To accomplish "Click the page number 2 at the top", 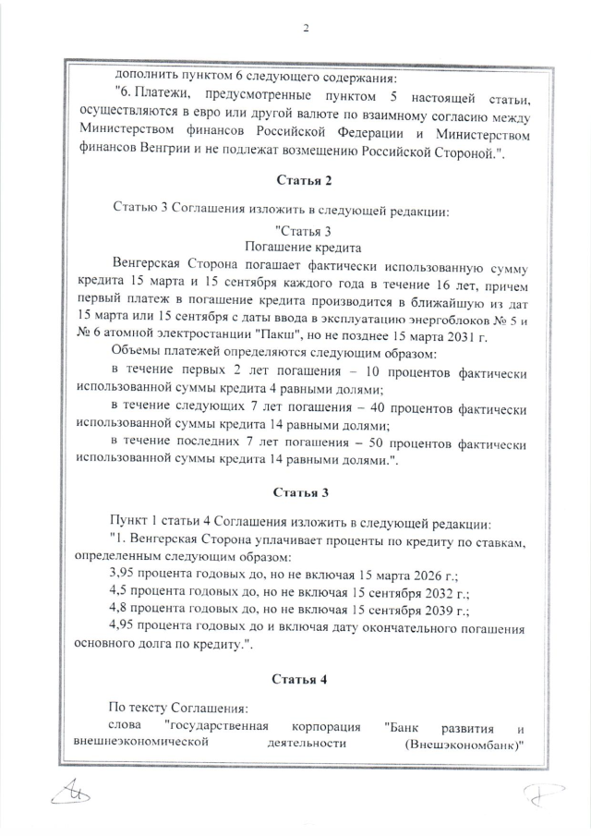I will click(x=306, y=27).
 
